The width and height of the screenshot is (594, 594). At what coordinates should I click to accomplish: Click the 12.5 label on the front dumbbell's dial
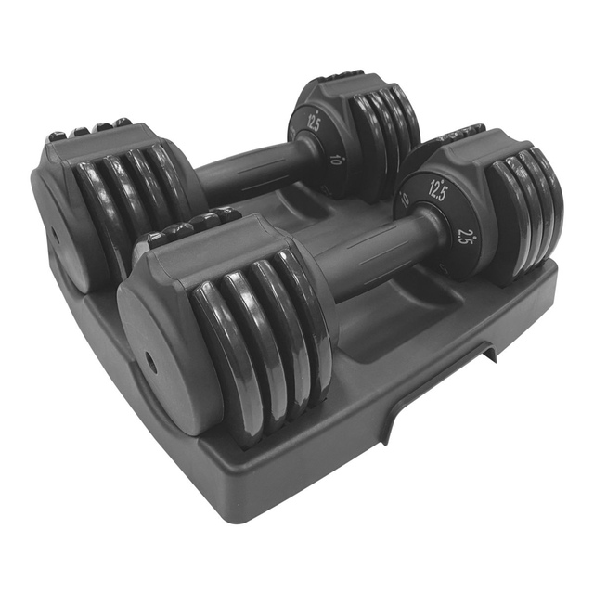pos(438,187)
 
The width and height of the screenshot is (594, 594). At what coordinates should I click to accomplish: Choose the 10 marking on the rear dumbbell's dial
pos(334,159)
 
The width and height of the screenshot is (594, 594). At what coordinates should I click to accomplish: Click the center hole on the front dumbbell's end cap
pos(149,364)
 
